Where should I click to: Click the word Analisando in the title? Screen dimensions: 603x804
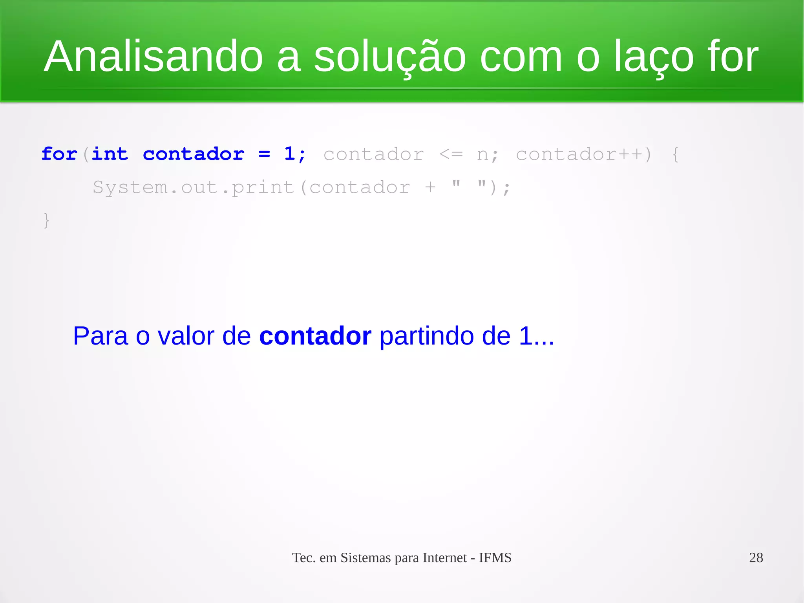click(153, 57)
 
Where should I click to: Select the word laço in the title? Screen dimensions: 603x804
click(654, 57)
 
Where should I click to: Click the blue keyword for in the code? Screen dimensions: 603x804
click(59, 154)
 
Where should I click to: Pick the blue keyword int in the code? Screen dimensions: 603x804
click(110, 154)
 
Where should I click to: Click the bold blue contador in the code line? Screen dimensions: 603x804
click(194, 154)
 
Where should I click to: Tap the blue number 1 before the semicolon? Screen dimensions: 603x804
click(289, 154)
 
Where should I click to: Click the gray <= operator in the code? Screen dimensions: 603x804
click(451, 154)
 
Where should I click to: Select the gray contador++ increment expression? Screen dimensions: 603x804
click(579, 154)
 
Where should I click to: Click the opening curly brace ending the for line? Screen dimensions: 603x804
click(675, 154)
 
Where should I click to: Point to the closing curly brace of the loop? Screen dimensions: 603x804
click(46, 220)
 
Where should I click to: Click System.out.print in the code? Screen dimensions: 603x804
click(194, 187)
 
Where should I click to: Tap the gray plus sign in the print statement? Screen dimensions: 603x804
click(430, 187)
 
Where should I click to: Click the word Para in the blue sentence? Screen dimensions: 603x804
click(100, 336)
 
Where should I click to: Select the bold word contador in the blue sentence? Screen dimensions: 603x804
click(315, 336)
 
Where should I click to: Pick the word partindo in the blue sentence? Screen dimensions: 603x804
click(427, 336)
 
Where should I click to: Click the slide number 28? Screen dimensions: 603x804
click(756, 557)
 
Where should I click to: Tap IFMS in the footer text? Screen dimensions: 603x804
click(495, 557)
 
